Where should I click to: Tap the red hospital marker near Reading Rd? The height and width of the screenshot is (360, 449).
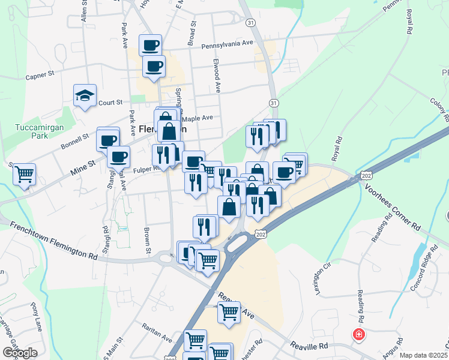(x=358, y=334)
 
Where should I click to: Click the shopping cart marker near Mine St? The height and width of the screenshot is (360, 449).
(x=25, y=175)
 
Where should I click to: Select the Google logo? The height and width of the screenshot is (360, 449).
(x=19, y=353)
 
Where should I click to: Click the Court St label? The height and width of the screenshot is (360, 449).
(x=110, y=103)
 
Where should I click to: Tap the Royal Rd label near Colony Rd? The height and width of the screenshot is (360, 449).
(x=410, y=22)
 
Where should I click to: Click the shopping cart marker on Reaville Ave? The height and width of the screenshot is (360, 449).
(x=229, y=312)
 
